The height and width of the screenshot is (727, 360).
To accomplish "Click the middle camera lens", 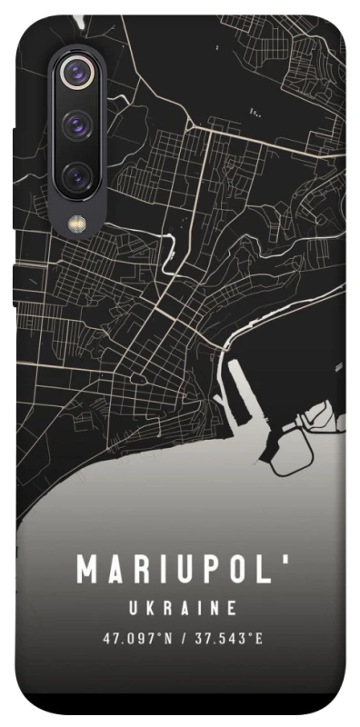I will pyautogui.click(x=80, y=124).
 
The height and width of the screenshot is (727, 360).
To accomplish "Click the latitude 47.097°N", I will pyautogui.click(x=137, y=638).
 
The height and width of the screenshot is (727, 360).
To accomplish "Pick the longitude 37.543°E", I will pyautogui.click(x=227, y=638).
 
